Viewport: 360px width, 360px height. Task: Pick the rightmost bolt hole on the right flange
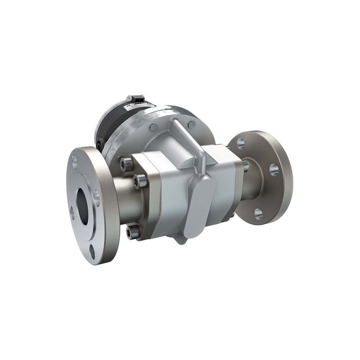click(x=274, y=170)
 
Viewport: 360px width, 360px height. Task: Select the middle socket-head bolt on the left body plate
click(x=138, y=179)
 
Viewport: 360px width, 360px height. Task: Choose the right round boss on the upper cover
click(x=191, y=124)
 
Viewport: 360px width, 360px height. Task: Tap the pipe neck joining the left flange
click(x=123, y=201)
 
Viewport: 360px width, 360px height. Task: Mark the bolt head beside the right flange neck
click(x=246, y=166)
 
